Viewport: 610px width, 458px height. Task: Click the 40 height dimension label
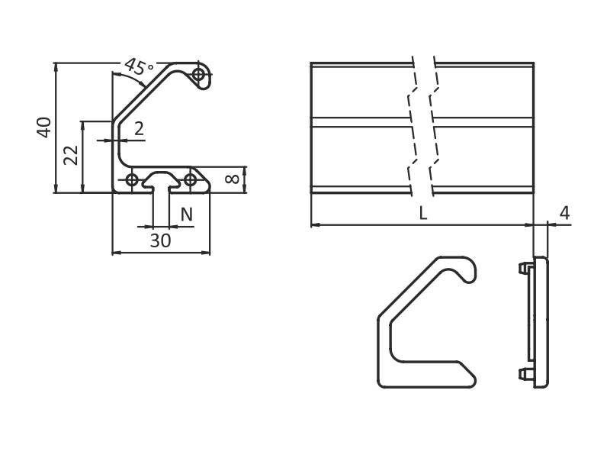click(x=44, y=127)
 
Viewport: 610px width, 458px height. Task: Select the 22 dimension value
click(x=71, y=155)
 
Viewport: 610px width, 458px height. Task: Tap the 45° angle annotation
click(x=139, y=67)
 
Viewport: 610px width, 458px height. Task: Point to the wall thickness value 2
click(x=139, y=128)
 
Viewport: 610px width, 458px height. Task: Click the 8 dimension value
click(x=233, y=179)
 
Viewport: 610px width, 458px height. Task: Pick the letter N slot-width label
click(x=187, y=214)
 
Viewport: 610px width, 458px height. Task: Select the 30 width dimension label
click(x=160, y=241)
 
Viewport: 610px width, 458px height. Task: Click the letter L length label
click(x=423, y=213)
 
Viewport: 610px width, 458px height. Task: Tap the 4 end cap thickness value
click(x=564, y=213)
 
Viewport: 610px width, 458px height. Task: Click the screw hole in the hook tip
click(x=199, y=74)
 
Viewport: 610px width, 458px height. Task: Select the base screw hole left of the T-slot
click(x=132, y=180)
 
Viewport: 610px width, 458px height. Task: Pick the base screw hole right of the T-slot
click(x=190, y=180)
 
